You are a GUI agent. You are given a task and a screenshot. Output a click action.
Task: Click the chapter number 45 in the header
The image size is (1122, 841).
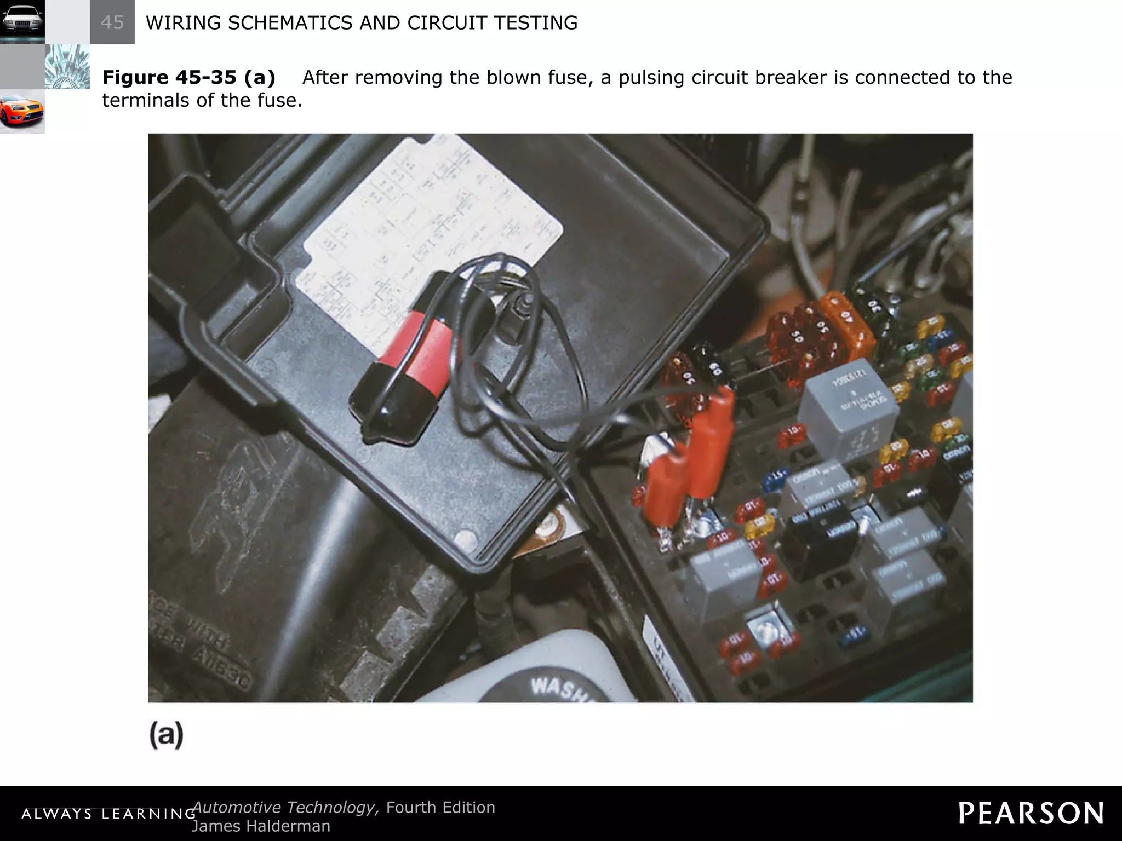[112, 22]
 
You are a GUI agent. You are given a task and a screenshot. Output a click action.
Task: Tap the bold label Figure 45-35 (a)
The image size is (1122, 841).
[188, 77]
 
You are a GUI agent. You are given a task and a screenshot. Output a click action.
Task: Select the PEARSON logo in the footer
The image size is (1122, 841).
[1031, 813]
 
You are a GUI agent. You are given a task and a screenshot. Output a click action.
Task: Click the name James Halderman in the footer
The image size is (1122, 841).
[261, 826]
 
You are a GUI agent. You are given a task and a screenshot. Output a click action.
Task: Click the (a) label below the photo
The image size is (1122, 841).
[166, 734]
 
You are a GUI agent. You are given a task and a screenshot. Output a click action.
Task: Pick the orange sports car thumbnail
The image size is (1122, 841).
[22, 111]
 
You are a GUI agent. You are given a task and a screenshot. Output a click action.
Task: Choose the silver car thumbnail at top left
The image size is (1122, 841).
[22, 22]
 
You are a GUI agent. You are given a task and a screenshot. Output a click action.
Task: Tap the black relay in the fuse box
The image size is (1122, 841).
[816, 542]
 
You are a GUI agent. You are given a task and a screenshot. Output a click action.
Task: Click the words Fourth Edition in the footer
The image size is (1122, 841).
[440, 808]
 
